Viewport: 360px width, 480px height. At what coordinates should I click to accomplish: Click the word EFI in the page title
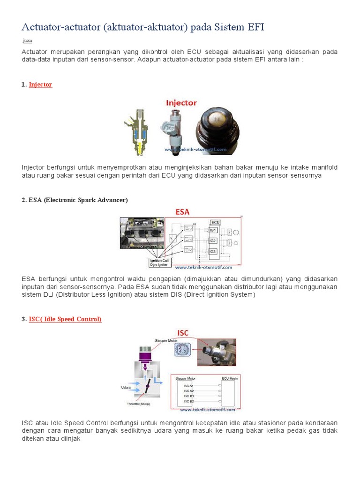point(254,27)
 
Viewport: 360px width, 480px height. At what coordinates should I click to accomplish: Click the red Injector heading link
point(40,85)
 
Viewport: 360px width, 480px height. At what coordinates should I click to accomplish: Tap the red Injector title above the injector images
point(181,103)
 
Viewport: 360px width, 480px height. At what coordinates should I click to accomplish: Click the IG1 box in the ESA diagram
point(213,230)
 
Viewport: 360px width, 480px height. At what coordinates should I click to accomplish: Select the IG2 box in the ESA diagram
point(213,241)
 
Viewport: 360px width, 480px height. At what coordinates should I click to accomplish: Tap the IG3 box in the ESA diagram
point(213,252)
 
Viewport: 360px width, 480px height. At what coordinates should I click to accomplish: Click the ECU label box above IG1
point(215,222)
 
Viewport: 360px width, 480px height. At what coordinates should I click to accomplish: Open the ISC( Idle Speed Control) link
point(65,319)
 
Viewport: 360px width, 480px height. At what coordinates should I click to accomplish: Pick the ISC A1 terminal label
point(188,385)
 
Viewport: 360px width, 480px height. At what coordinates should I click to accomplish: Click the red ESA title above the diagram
point(182,212)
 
